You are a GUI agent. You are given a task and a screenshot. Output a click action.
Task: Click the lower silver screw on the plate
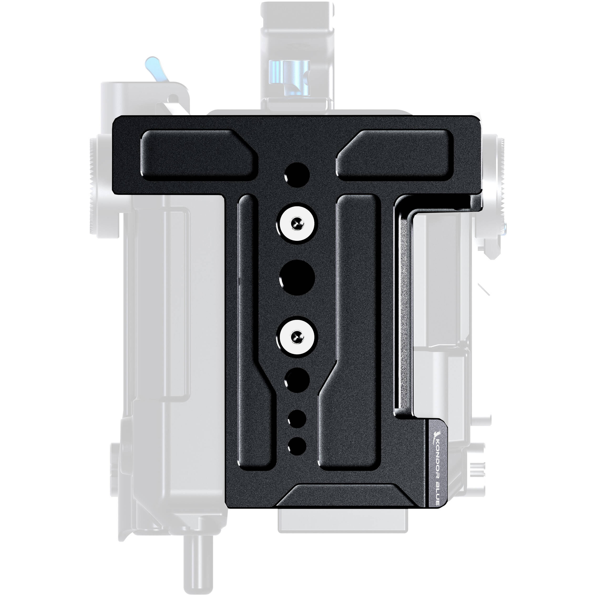pos(297,335)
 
